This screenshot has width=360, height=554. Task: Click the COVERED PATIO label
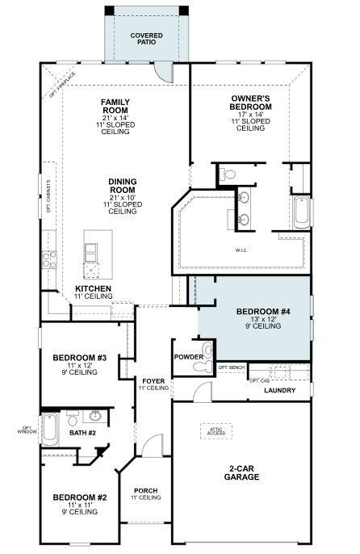[147, 40]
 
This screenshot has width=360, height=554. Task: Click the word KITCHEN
[94, 288]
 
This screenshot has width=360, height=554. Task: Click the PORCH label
[145, 490]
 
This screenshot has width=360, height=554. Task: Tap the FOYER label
[153, 380]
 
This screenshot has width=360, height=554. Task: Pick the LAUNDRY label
[279, 391]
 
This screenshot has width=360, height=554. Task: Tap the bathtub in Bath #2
[50, 430]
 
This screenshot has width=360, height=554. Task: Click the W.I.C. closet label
[241, 250]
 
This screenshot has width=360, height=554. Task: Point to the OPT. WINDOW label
[27, 430]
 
